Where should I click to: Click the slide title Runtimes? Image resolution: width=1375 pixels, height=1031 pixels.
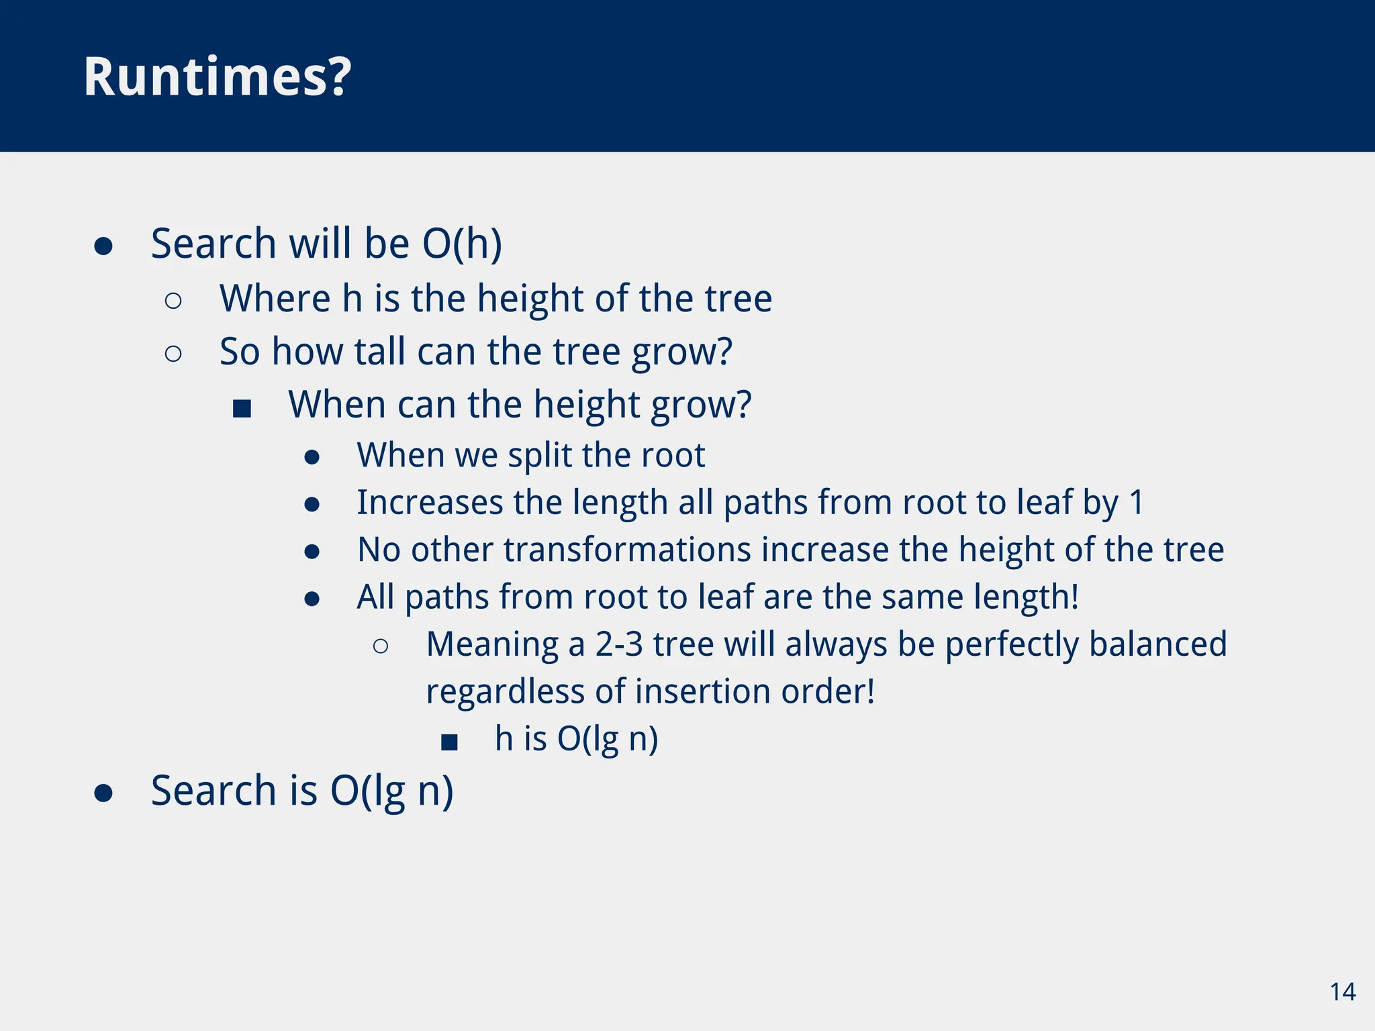tap(217, 77)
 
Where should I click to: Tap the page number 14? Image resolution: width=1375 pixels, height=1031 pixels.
tap(1342, 992)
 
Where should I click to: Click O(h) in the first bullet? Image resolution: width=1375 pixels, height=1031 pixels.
tap(462, 244)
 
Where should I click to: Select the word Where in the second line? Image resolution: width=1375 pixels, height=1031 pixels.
tap(275, 299)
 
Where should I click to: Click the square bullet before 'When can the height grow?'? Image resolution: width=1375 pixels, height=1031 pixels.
tap(242, 408)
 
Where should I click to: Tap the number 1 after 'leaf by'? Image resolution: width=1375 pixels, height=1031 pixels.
tap(1137, 503)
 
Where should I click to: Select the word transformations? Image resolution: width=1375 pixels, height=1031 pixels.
tap(627, 550)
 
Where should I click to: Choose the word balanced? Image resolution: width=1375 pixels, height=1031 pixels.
tap(1158, 644)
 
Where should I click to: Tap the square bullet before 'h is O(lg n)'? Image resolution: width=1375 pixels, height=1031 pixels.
tap(449, 742)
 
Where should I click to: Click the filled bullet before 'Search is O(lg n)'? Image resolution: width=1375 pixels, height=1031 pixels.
tap(103, 793)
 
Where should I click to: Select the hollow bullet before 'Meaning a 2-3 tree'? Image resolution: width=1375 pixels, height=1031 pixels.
tap(380, 646)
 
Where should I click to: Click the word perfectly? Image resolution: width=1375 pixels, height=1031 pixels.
tap(1011, 644)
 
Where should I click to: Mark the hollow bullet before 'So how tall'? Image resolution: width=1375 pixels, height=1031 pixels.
tap(173, 354)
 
